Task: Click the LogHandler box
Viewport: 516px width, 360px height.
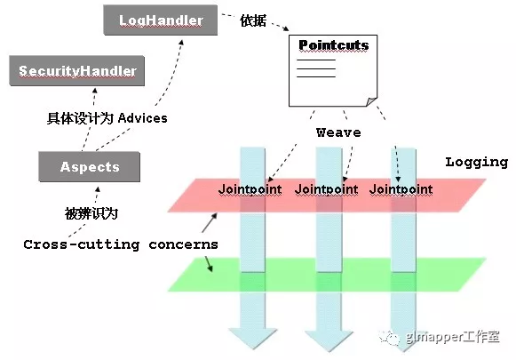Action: [x=161, y=20]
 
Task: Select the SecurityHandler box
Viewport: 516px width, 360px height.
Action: [x=77, y=70]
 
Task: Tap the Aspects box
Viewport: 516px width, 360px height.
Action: [x=90, y=166]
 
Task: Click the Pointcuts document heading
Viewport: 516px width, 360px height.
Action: [x=334, y=45]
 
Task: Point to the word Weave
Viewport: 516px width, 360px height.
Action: [x=338, y=132]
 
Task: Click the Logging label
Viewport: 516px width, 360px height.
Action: [x=477, y=162]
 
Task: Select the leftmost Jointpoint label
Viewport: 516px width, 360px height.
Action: [x=250, y=189]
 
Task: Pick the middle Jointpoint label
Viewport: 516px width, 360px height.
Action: [x=326, y=189]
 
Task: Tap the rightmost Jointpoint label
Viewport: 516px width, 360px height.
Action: [x=401, y=189]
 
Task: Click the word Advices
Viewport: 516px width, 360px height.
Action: [x=142, y=118]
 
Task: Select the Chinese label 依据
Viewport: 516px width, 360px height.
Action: [x=253, y=20]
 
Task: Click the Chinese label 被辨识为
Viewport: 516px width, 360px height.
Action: [x=91, y=213]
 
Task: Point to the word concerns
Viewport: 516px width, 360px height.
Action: [x=183, y=244]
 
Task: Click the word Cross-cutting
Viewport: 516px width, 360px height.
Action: [x=82, y=244]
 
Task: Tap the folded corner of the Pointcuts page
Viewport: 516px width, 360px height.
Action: [x=372, y=101]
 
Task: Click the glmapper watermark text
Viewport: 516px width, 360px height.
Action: [x=453, y=337]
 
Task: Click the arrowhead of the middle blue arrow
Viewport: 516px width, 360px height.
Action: [x=329, y=340]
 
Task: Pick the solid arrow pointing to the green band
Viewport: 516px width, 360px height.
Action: [x=209, y=264]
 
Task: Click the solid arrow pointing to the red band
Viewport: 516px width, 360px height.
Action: [x=210, y=222]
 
